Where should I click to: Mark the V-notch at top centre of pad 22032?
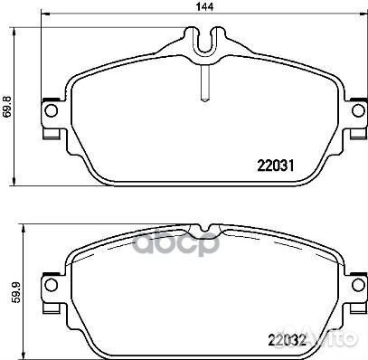click(x=205, y=227)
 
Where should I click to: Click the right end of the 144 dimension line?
click(x=364, y=20)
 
